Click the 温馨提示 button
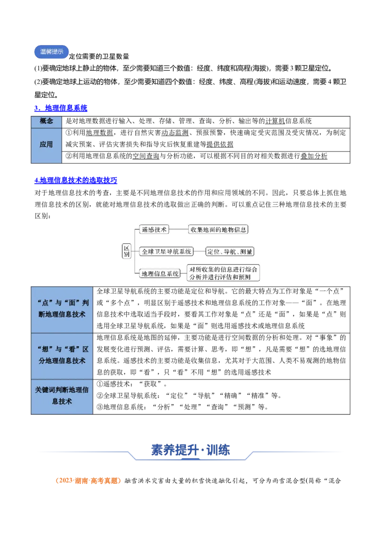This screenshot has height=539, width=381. coord(51,52)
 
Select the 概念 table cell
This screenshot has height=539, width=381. coord(46,121)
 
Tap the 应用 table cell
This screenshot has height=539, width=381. coord(46,144)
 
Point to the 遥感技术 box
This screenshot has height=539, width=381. coord(154,229)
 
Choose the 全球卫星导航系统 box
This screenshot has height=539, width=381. coord(167,251)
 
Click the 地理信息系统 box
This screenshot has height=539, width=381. coord(160,273)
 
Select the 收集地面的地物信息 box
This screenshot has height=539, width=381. coord(219,229)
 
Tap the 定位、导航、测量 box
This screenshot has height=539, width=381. coord(230,251)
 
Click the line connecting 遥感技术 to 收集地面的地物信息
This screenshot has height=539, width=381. coord(179,229)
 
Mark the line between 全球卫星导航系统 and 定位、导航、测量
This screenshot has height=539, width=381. coord(199,251)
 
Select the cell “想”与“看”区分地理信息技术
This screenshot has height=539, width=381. coord(62,355)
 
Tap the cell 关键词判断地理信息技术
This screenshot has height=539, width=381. coord(62,396)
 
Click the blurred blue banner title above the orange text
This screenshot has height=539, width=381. coord(191,449)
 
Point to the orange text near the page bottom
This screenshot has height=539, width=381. coord(88,481)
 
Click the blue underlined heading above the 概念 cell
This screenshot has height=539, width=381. coord(61,108)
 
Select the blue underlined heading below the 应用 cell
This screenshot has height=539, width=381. coord(76,180)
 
